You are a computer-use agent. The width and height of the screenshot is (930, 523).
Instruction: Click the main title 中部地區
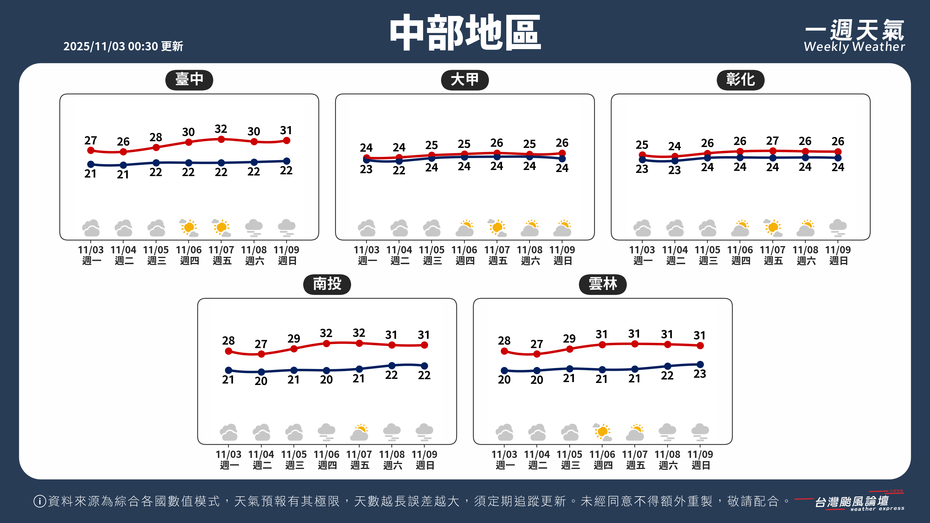click(x=465, y=33)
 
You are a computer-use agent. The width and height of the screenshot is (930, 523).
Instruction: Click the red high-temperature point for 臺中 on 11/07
click(x=221, y=139)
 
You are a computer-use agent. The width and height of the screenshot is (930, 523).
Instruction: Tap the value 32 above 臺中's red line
click(x=221, y=129)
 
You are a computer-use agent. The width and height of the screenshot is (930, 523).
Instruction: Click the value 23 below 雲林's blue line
click(x=700, y=374)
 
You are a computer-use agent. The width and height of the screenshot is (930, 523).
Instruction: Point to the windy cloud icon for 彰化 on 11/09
click(x=838, y=228)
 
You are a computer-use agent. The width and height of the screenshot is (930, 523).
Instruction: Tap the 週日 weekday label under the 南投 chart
click(x=425, y=465)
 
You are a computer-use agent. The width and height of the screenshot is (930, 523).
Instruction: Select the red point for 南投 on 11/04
click(x=261, y=354)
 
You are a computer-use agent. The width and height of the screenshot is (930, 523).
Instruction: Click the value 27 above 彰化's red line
click(x=772, y=140)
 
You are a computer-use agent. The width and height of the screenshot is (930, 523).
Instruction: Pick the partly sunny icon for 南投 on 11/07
click(x=359, y=432)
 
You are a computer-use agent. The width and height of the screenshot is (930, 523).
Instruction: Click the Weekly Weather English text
click(x=854, y=47)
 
